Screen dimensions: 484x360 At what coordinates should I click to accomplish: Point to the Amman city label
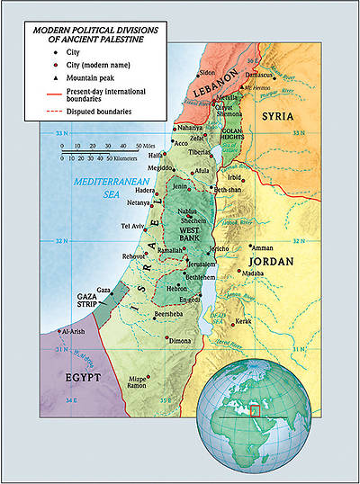(x=262, y=247)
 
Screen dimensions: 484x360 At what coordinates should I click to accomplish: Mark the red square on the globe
(x=255, y=410)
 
